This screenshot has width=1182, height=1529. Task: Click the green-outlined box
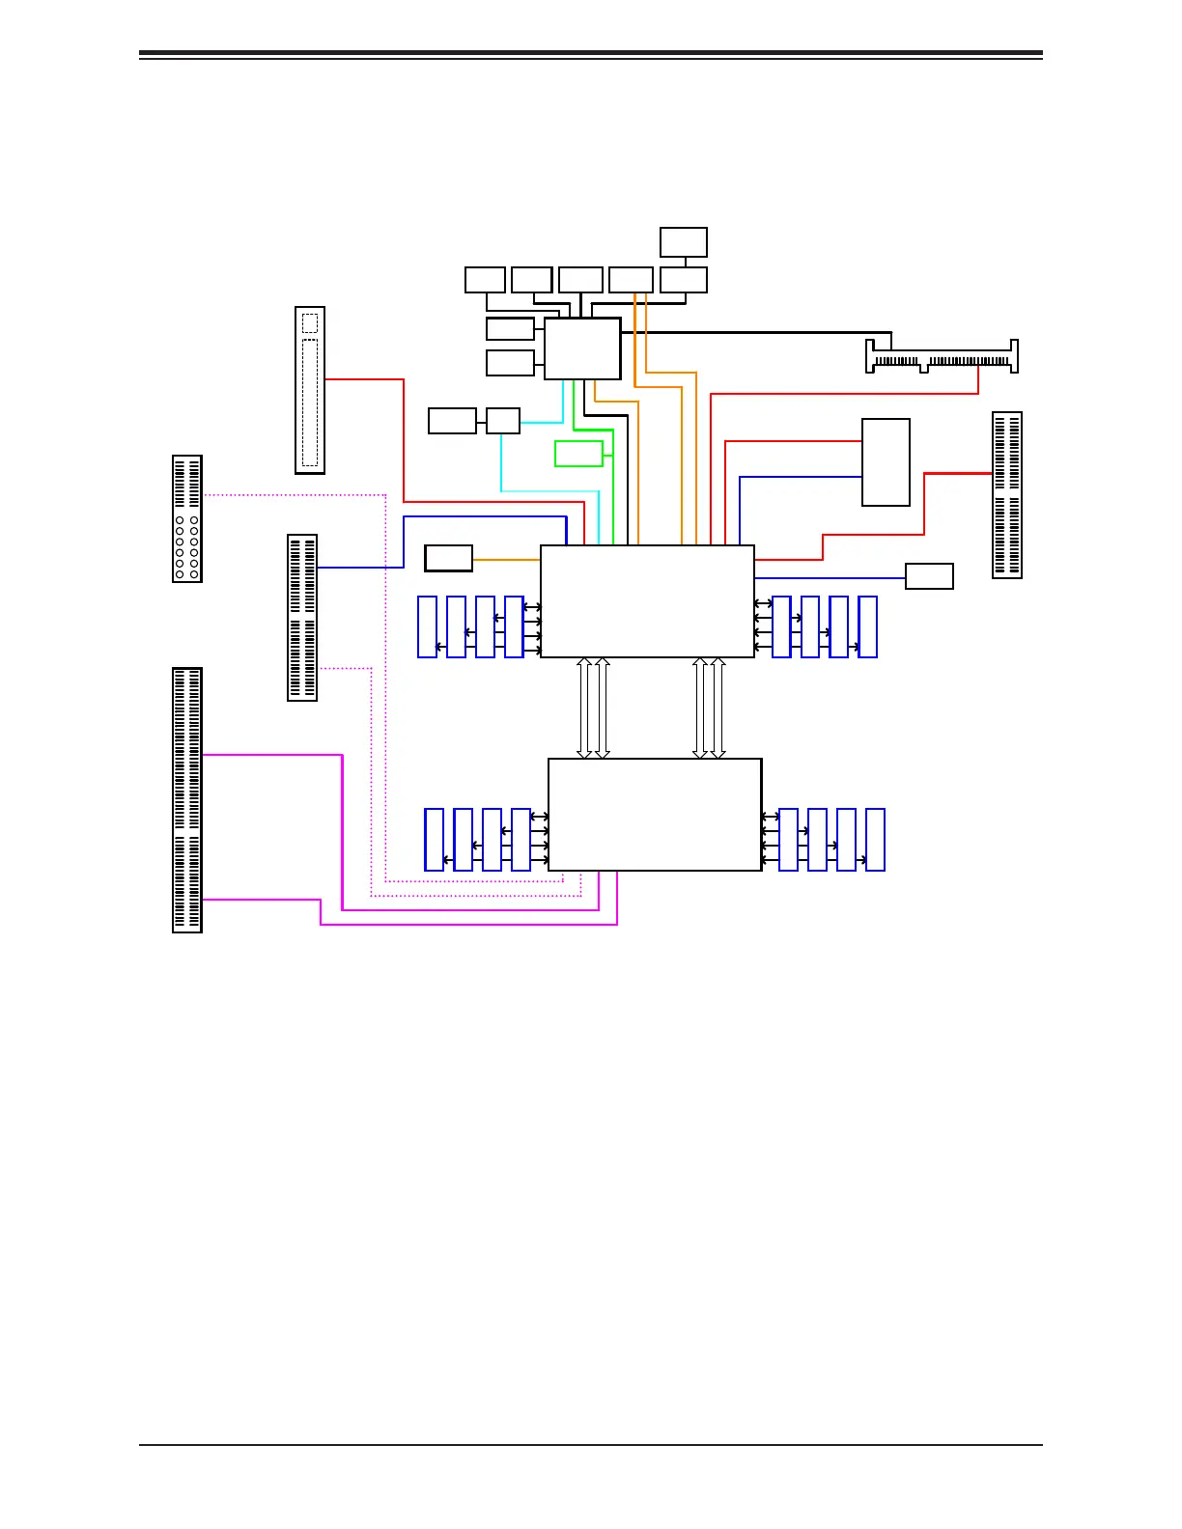coord(578,454)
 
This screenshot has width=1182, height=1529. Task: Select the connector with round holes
coord(187,518)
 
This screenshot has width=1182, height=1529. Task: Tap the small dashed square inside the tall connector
coord(309,322)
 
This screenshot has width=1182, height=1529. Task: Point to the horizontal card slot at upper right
coord(942,357)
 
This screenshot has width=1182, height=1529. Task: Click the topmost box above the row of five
coord(684,242)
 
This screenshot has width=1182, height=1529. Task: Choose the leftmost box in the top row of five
coord(485,280)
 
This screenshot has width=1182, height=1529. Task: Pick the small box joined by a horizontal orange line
coord(449,558)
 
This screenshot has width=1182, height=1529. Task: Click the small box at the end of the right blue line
coord(929,576)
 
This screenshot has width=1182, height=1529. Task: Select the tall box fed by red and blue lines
coord(886,461)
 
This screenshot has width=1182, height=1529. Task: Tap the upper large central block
coord(647,601)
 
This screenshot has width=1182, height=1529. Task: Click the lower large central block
coord(655,815)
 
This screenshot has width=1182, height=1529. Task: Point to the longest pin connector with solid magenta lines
coord(187,800)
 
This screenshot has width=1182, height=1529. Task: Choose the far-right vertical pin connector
coord(1007,495)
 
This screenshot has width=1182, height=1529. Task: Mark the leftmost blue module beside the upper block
coord(428,627)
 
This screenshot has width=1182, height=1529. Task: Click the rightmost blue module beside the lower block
coord(876,840)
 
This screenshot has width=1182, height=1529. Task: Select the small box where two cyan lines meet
coord(503,421)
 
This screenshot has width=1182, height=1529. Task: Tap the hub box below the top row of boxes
coord(582,348)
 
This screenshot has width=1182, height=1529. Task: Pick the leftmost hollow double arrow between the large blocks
coord(584,709)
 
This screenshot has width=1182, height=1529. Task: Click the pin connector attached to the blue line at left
coord(302,618)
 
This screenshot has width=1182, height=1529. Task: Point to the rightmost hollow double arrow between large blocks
coord(718,709)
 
